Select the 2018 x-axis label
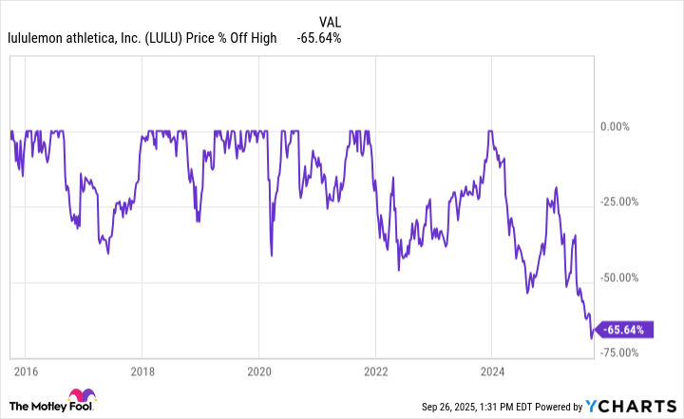(142, 371)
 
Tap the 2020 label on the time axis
(259, 371)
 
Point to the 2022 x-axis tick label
(375, 371)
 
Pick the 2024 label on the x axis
(492, 371)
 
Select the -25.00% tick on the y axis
(623, 201)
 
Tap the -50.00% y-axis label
(623, 277)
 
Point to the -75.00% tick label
(623, 352)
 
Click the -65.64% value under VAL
(318, 38)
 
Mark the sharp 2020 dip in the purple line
(272, 255)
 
